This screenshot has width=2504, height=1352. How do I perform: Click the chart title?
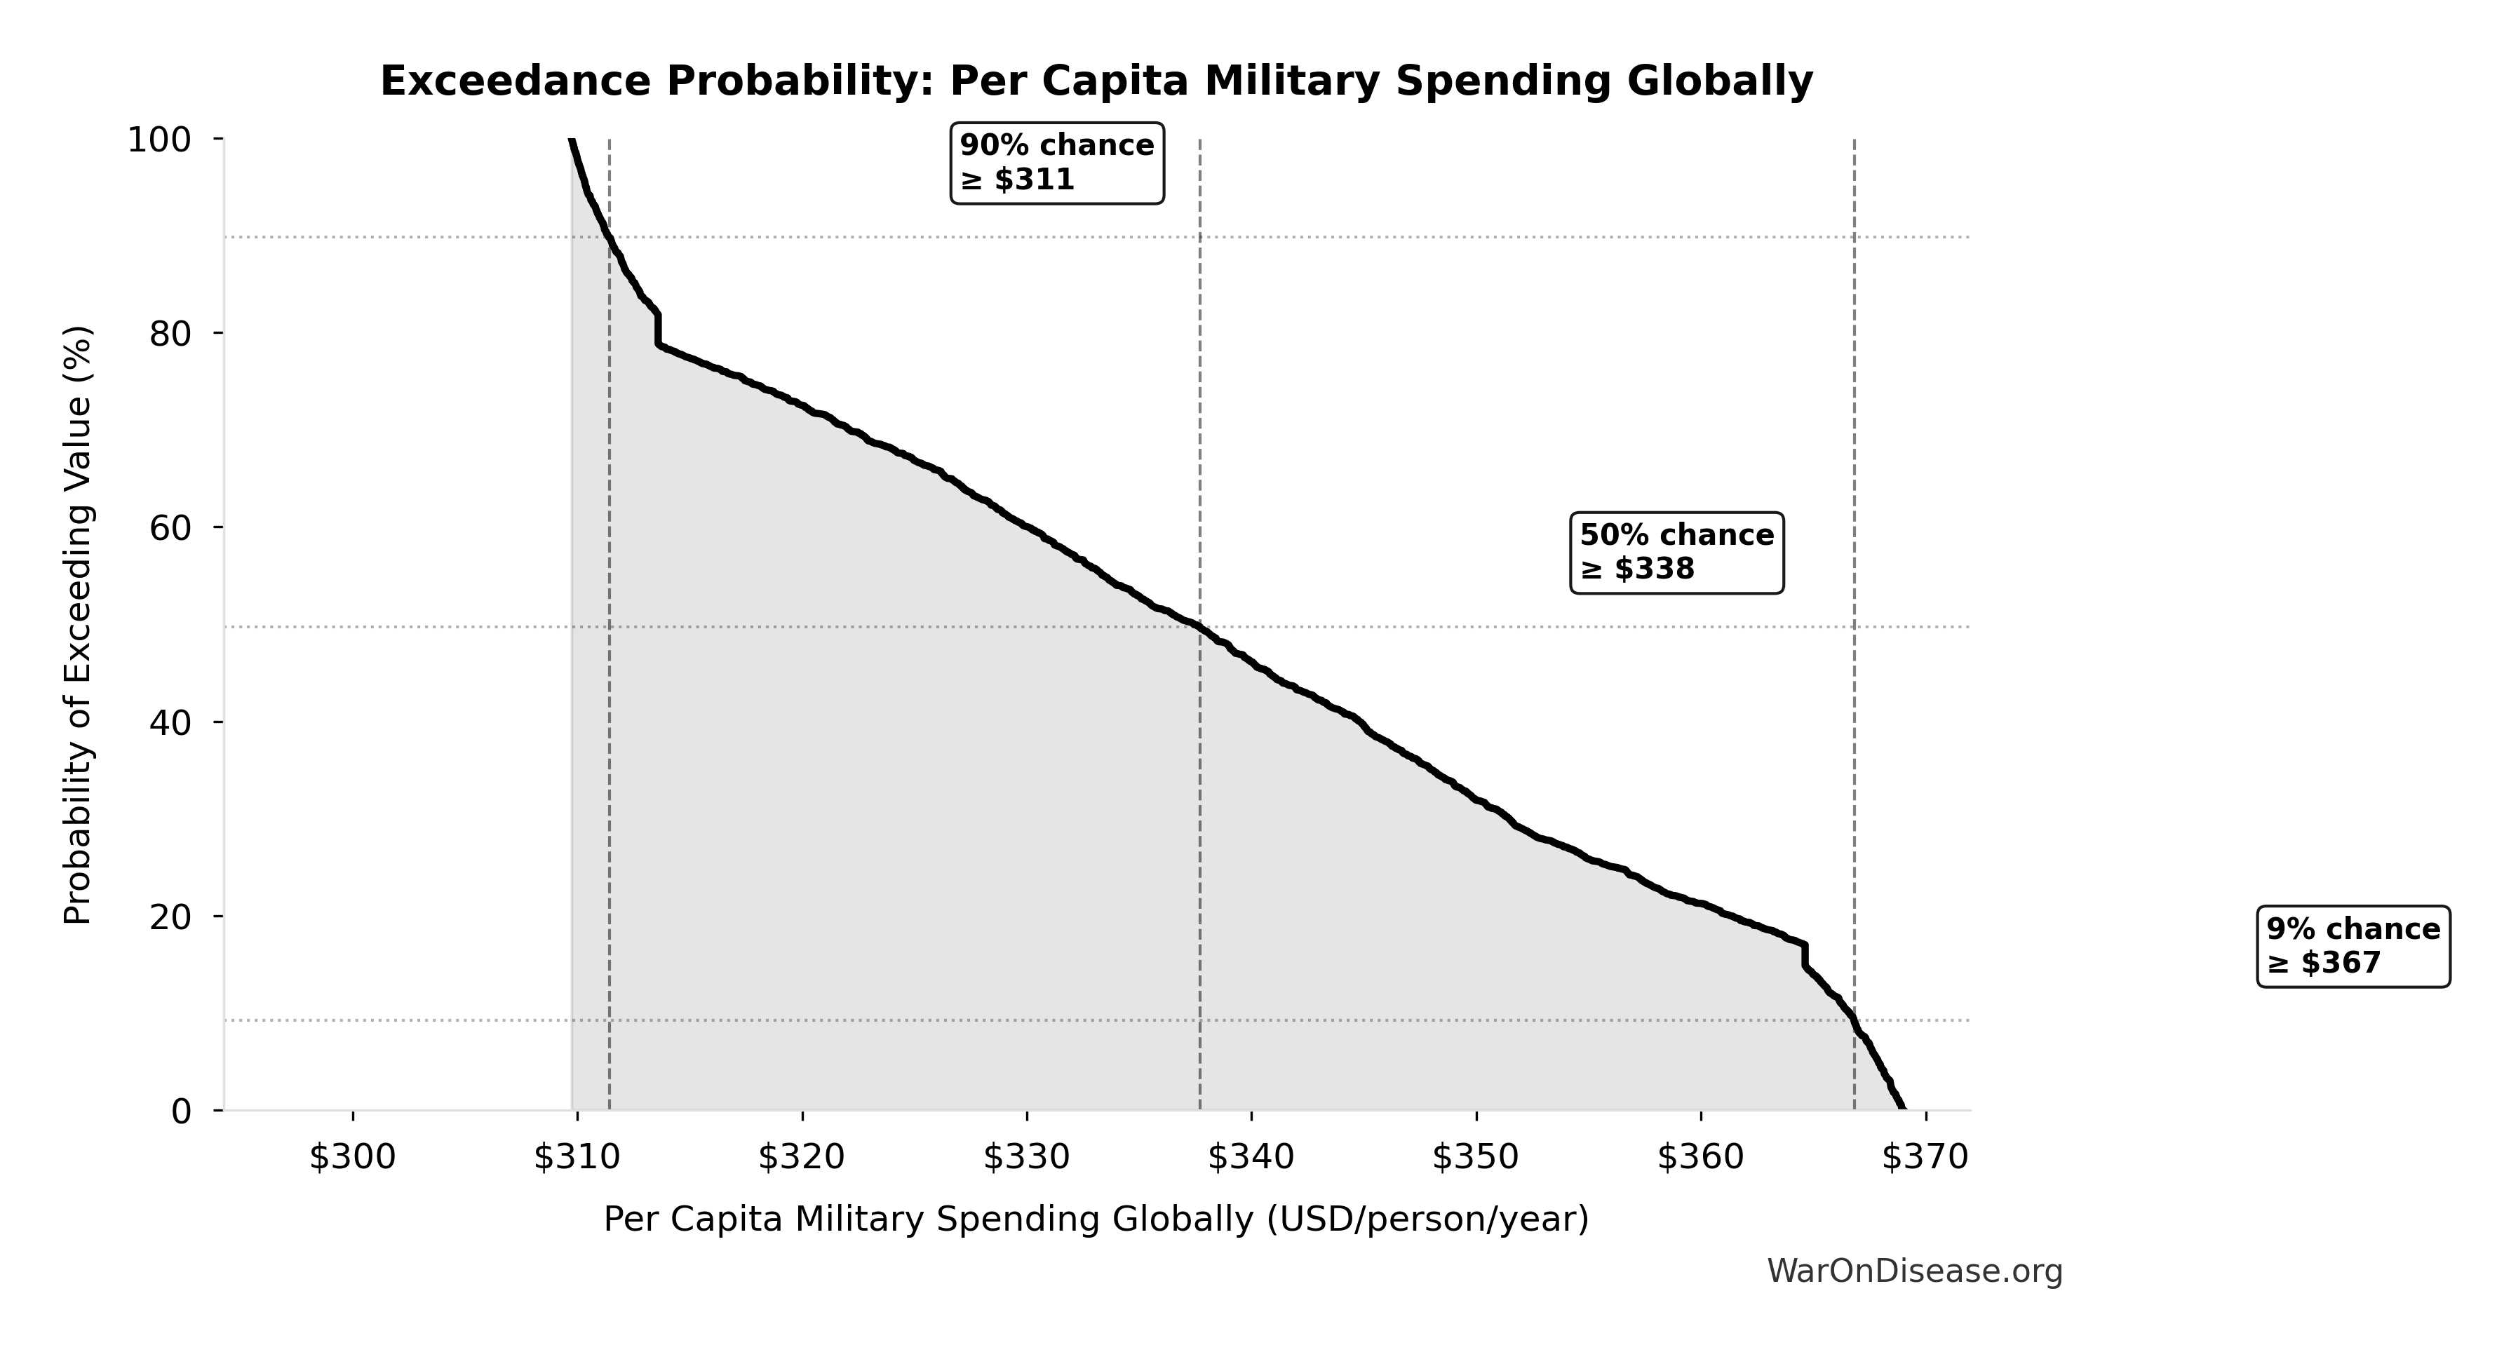1096,81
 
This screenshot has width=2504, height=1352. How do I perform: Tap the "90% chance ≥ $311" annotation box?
1056,162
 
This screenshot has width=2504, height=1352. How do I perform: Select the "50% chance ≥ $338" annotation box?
1677,552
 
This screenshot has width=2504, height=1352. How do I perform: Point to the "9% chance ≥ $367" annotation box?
2352,946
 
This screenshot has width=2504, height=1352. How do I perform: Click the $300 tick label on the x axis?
352,1156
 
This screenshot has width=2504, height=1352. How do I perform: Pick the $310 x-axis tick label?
577,1156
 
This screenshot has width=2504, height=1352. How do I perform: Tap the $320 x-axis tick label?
802,1156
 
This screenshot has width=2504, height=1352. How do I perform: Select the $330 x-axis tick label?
1026,1156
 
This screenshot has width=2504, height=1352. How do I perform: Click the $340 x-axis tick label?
1251,1156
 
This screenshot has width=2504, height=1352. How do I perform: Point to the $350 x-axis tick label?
1476,1156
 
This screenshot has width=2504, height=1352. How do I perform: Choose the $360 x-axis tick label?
1700,1156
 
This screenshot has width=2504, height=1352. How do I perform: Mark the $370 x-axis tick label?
1925,1156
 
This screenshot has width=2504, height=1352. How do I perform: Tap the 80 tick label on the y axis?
171,333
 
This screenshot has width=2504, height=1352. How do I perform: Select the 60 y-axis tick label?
171,528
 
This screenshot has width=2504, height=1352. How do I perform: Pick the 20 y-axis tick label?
171,917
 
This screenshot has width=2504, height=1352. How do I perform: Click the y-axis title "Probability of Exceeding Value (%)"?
78,625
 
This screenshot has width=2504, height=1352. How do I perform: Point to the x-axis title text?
1096,1219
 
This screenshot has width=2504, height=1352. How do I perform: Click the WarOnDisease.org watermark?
1914,1271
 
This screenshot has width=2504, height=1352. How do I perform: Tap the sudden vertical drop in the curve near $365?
1804,955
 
